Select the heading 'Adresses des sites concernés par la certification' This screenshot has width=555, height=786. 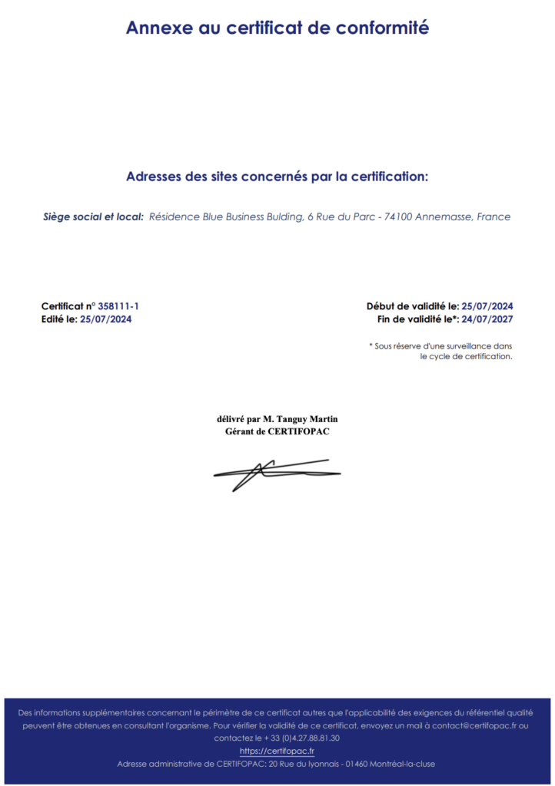[x=277, y=177]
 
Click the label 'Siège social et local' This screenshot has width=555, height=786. [x=93, y=216]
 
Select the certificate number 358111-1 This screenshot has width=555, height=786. [x=118, y=306]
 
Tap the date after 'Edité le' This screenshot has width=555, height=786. [x=106, y=319]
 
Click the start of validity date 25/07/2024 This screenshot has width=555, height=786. [x=487, y=306]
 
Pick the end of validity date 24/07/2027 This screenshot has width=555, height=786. [x=487, y=319]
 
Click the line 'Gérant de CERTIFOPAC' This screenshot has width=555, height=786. [x=277, y=431]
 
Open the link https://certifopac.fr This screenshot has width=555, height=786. [x=277, y=751]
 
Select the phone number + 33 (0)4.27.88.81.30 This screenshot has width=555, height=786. [x=301, y=738]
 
